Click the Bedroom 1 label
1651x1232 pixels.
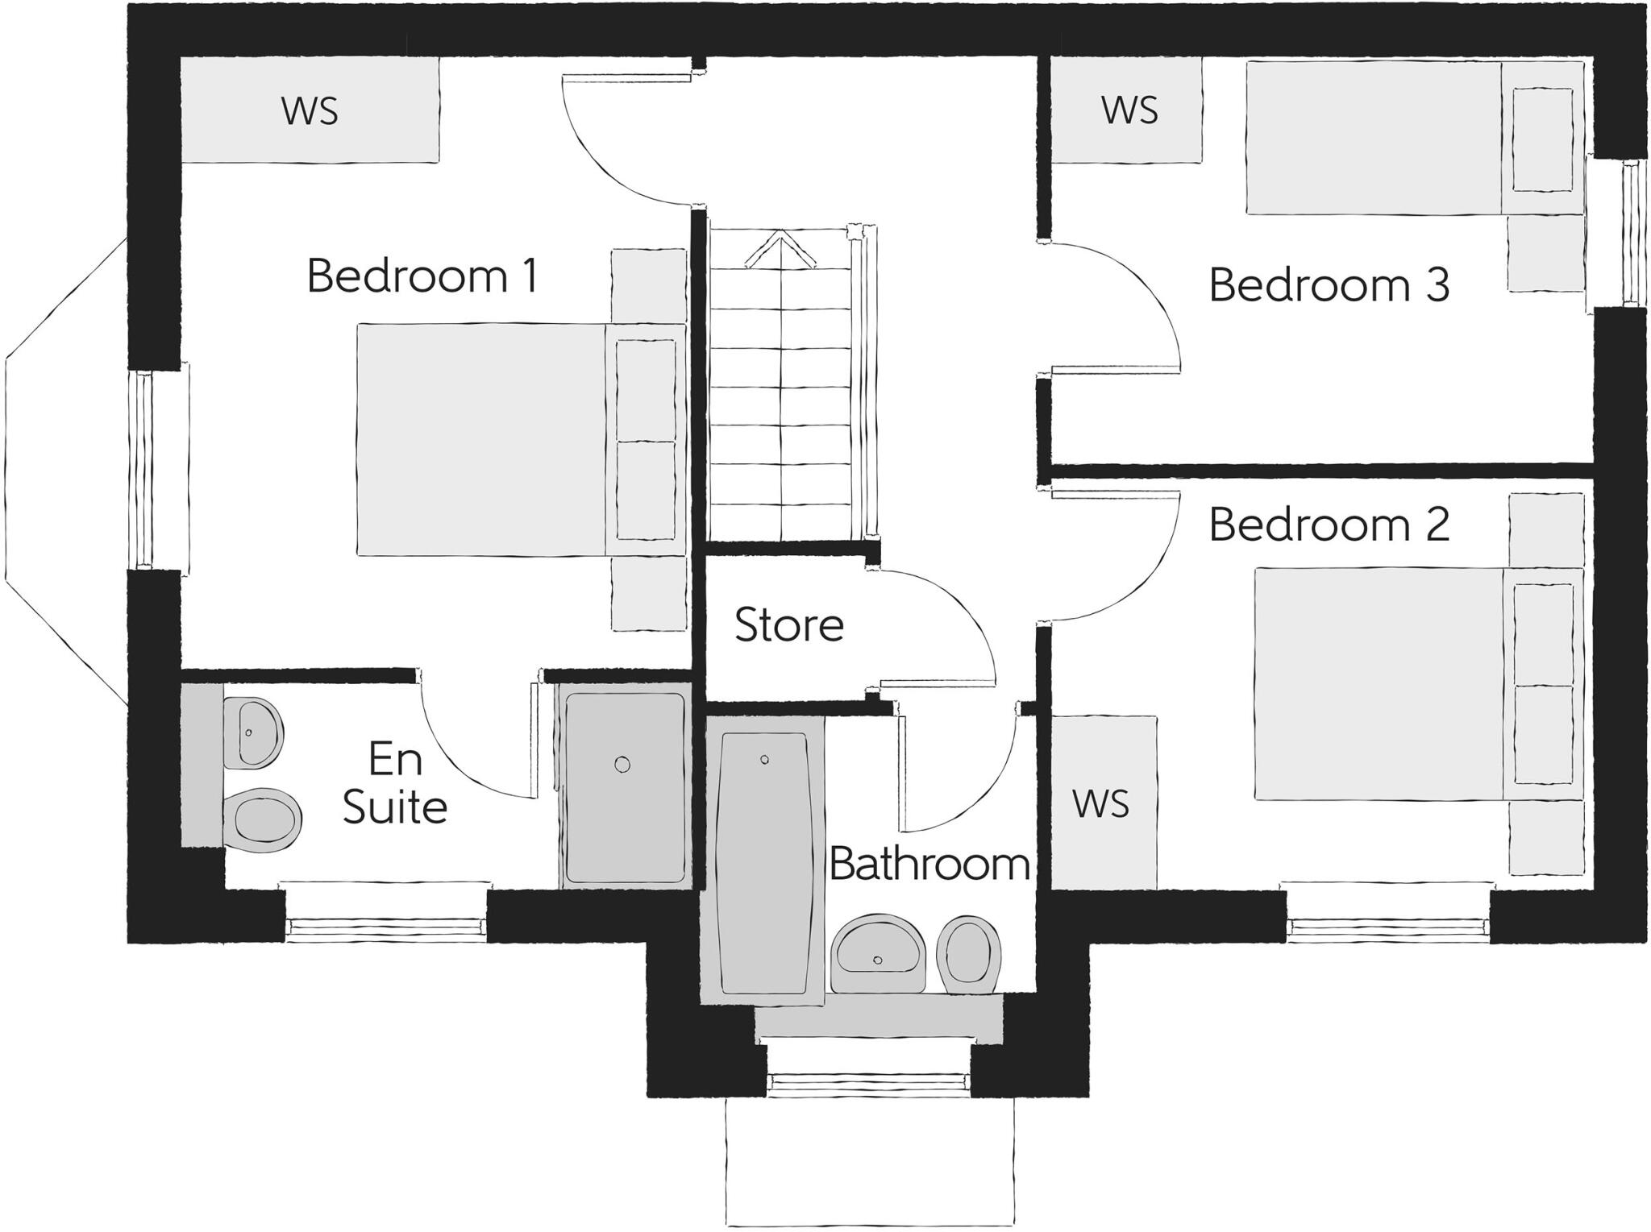tap(422, 276)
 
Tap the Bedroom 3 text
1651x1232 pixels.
tap(1329, 285)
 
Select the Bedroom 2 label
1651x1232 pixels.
tap(1329, 525)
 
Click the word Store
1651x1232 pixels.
tap(788, 625)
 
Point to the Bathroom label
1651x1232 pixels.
tap(929, 865)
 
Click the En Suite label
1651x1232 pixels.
tap(394, 783)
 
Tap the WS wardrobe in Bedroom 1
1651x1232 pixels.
tap(310, 111)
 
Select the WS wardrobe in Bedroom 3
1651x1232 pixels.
tap(1129, 110)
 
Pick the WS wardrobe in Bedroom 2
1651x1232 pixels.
tap(1101, 804)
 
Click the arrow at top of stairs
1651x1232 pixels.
tap(780, 249)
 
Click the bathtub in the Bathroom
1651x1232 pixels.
tap(763, 862)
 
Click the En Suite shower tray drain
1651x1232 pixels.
tap(622, 764)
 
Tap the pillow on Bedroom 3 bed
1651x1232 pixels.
tap(1542, 140)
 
